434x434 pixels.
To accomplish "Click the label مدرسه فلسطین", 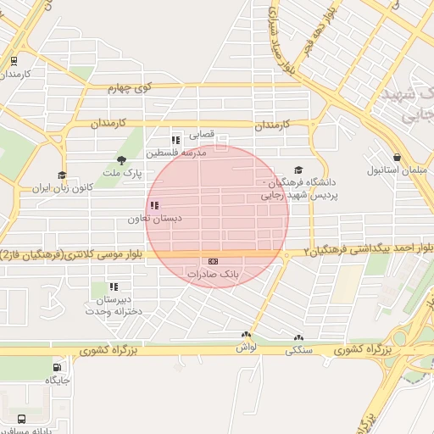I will click(176, 153).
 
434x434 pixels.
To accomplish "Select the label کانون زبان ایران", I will click(61, 187).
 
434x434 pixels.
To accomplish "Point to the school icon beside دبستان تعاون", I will click(154, 206).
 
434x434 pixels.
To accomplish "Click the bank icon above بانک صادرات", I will click(213, 261).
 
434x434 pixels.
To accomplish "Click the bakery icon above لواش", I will click(246, 336).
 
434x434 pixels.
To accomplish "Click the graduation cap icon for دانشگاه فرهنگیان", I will click(298, 170).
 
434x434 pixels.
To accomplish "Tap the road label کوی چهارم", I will click(130, 87).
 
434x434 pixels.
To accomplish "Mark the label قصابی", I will click(201, 134).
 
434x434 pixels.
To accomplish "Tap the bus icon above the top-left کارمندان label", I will click(13, 61).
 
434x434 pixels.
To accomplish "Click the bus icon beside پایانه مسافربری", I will click(20, 419).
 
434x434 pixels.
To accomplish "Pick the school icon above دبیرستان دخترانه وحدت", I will click(114, 287).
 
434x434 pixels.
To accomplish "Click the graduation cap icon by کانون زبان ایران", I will click(61, 175).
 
